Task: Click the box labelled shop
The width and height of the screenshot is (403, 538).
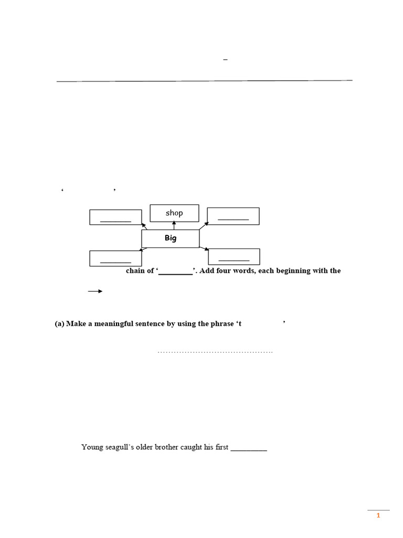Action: [x=174, y=213]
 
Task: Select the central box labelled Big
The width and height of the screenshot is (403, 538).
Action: [x=171, y=238]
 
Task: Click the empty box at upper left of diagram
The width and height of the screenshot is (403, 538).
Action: [x=115, y=218]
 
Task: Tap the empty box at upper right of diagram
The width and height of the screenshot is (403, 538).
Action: [x=233, y=216]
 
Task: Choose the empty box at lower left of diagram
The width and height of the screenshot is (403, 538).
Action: [x=115, y=258]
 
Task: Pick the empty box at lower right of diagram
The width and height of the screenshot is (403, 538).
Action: [x=234, y=256]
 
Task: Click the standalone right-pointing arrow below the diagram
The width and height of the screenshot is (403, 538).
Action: [x=95, y=291]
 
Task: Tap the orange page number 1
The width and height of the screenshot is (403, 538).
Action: [x=378, y=516]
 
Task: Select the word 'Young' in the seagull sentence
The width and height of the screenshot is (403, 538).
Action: [x=91, y=447]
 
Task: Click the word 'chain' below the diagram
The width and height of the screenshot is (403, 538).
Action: [x=135, y=271]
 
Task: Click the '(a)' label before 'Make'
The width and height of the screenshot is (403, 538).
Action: [x=59, y=324]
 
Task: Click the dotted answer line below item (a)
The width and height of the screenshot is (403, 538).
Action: [x=215, y=351]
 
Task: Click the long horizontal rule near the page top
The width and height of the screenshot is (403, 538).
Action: [x=204, y=81]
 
